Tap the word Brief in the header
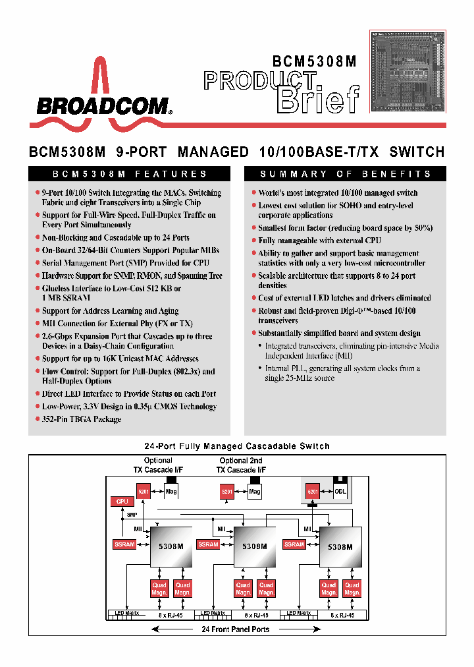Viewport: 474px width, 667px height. (319, 100)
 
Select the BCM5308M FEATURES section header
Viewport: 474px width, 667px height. (130, 174)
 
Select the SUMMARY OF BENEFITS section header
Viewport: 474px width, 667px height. (345, 174)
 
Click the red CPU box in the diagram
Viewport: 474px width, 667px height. (122, 502)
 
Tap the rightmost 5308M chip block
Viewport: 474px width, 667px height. (340, 546)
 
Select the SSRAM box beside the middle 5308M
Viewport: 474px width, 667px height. (209, 544)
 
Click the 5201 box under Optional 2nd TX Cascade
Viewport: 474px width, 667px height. (227, 491)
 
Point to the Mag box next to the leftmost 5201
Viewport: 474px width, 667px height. (170, 491)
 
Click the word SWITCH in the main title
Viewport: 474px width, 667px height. (417, 152)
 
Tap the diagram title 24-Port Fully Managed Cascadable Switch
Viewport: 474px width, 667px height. (237, 446)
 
